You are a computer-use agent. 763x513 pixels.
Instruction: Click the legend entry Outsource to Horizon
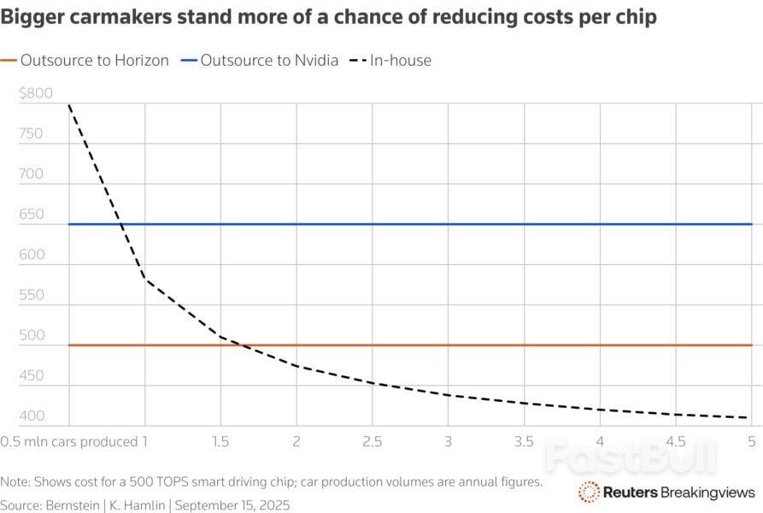coord(94,61)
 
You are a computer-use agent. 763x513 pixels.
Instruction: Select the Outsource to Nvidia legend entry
coord(269,61)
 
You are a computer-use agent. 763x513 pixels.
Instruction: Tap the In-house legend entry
coord(400,61)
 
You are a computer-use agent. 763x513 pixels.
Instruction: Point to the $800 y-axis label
coord(35,94)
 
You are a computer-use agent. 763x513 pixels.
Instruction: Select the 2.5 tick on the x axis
coord(372,442)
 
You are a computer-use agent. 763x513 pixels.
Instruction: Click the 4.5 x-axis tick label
coord(675,442)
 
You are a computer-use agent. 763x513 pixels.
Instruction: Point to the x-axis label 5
coord(751,442)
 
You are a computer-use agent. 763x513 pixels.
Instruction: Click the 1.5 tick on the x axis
coord(220,442)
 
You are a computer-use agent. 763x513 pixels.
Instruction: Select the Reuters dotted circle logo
coord(589,492)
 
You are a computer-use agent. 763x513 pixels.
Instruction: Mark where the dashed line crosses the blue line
coord(122,225)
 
